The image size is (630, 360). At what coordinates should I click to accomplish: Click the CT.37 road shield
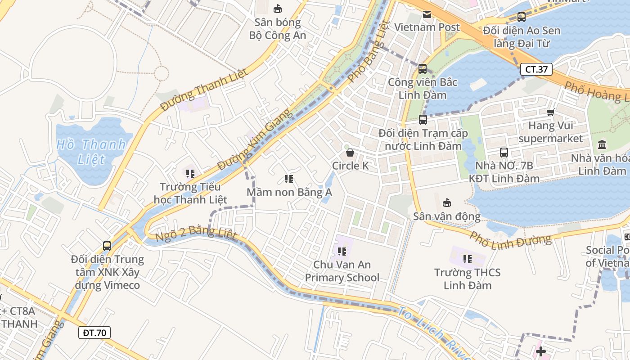pos(536,69)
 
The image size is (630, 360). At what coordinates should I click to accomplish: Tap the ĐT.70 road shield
pos(94,333)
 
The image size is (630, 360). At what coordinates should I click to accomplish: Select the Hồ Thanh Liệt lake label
pos(91,152)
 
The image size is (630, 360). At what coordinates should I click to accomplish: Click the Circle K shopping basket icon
pos(350,153)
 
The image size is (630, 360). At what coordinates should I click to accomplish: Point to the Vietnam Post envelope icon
pos(427,14)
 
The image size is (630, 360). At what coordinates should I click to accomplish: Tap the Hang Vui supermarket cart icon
pos(550,112)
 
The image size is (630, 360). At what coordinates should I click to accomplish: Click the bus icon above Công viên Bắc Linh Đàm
pos(422,69)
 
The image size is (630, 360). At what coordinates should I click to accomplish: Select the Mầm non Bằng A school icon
pos(289,179)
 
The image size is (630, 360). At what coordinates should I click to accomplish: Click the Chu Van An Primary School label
pos(342,271)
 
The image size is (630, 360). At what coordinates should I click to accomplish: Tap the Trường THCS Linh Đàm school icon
pos(468,259)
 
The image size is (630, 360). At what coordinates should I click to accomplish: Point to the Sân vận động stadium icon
pos(447,203)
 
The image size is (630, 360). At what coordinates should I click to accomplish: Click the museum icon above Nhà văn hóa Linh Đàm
pos(602,145)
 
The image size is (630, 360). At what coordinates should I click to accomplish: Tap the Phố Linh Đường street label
pos(510,238)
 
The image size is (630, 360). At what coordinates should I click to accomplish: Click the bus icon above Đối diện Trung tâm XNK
pos(107,246)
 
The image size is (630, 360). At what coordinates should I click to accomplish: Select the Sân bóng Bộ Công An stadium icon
pos(278,9)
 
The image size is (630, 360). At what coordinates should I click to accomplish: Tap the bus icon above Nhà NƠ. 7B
pos(504,153)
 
